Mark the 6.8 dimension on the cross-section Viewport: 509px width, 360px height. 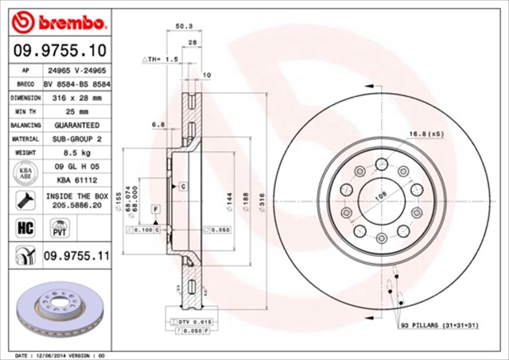point(158,124)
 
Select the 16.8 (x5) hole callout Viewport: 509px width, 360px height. point(426,134)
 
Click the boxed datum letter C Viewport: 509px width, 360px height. point(182,186)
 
